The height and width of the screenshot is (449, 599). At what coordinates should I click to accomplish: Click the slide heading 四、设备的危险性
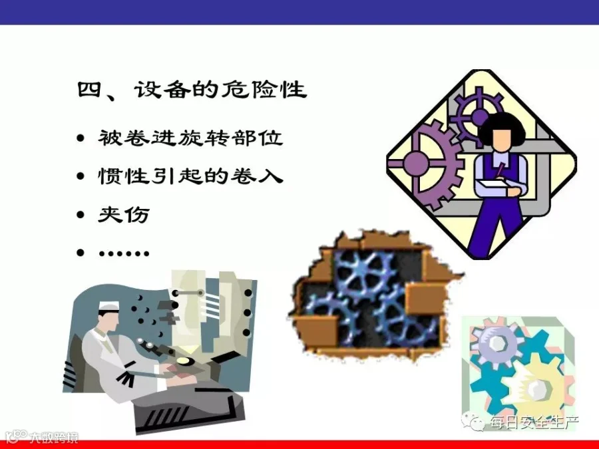192,90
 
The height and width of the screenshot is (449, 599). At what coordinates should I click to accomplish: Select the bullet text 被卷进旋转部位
190,138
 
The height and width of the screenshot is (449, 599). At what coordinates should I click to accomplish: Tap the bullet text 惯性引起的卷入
190,176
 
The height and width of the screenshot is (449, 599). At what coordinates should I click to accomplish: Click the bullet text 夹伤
123,214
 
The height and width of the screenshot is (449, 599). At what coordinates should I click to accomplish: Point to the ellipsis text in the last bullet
124,253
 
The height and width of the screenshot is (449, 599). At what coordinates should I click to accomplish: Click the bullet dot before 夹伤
81,215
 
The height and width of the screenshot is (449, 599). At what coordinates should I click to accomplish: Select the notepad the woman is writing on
493,187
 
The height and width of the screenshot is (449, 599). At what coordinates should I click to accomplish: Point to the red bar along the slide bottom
299,445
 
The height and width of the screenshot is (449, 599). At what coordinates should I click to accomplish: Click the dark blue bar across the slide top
299,12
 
